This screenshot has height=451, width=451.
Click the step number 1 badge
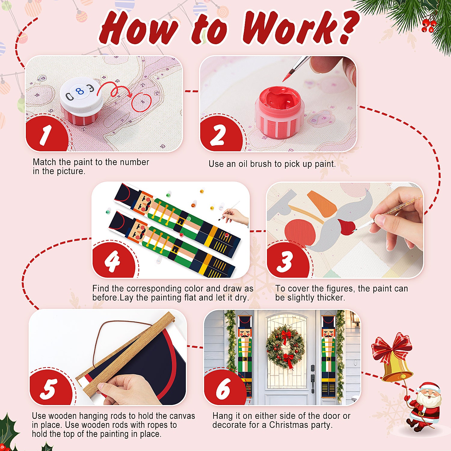coord(46,134)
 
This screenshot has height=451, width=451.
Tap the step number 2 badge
coord(219,135)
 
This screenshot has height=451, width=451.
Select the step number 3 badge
coord(285,261)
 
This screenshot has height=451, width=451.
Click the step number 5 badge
coord(49,389)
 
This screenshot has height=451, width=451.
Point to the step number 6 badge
coord(223,389)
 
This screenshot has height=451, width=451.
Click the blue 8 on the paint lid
coord(80,91)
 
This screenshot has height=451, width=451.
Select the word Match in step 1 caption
coord(44,162)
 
